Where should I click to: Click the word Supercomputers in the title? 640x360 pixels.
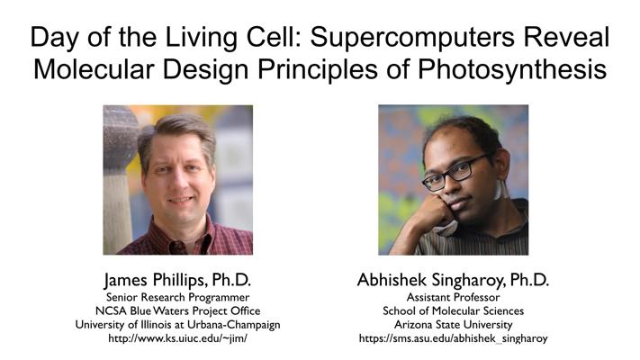coord(412,38)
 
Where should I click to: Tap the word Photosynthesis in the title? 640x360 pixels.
coord(512,70)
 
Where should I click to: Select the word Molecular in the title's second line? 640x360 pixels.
coord(95,69)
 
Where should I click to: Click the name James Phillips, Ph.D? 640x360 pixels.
coord(177,280)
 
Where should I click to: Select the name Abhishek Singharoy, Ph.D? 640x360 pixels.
coord(453,280)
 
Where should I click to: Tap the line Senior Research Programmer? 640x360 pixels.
coord(177,297)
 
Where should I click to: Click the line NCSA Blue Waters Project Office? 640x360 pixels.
coord(177,311)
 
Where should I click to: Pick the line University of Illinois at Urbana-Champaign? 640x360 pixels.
coord(177,325)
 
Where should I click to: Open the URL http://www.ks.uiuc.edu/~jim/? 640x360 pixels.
coord(177,338)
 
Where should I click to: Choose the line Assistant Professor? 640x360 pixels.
coord(453,297)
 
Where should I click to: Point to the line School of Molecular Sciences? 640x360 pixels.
coord(453,311)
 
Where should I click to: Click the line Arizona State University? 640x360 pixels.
coord(453,325)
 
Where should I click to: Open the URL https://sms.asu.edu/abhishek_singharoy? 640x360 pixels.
coord(453,338)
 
